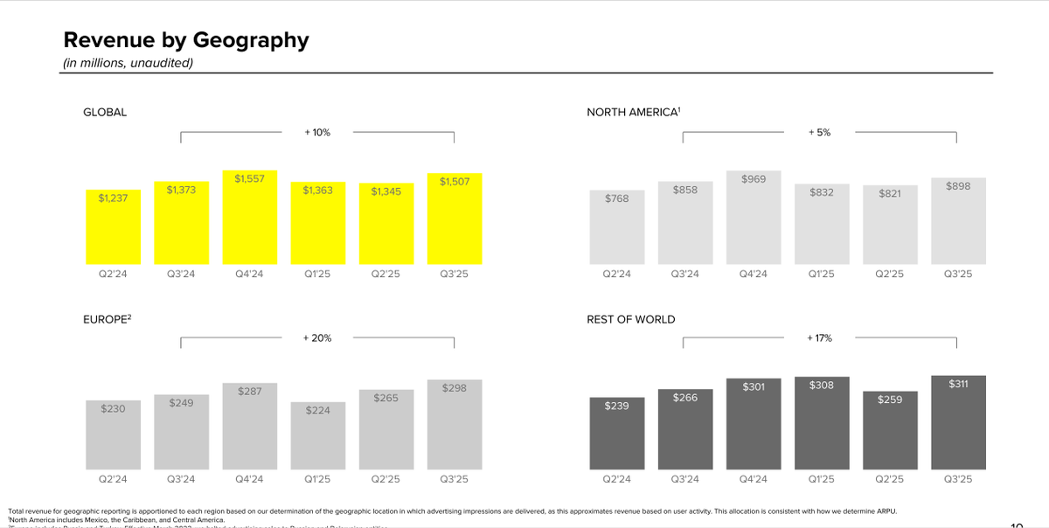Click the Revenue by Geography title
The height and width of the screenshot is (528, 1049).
[186, 40]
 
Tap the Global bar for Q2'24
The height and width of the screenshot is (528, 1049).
[113, 227]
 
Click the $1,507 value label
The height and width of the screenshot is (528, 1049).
[455, 181]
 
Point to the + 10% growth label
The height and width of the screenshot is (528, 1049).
[317, 132]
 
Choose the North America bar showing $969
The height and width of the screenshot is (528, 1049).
[754, 219]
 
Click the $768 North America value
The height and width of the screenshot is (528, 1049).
[617, 198]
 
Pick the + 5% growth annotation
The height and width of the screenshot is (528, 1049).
[819, 132]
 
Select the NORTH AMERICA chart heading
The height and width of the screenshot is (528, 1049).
[634, 112]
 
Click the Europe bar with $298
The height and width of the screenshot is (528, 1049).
[455, 424]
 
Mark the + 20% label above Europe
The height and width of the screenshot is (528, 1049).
[317, 337]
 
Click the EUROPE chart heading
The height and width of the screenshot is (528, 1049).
[107, 320]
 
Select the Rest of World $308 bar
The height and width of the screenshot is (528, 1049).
[822, 423]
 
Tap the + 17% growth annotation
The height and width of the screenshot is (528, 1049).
[819, 337]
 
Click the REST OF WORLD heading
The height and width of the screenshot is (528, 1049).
[631, 320]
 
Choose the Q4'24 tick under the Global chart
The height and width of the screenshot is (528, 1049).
[249, 274]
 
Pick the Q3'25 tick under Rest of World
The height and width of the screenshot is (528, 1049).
[958, 479]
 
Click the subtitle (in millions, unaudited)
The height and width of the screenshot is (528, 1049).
[129, 63]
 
